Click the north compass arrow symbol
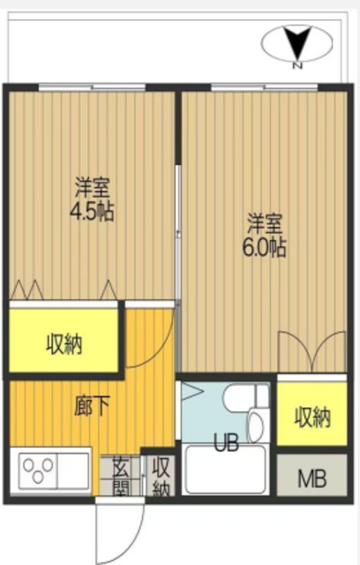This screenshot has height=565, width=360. [x=297, y=41]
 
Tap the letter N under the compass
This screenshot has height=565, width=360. [x=297, y=65]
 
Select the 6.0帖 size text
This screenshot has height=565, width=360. [x=265, y=247]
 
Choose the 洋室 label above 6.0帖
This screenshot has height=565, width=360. [x=265, y=222]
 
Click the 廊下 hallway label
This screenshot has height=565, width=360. [x=91, y=407]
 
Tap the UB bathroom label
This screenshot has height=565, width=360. [x=225, y=443]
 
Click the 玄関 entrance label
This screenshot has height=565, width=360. [x=120, y=478]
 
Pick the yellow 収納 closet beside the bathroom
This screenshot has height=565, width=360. [x=311, y=415]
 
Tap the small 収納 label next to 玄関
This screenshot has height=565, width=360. [x=161, y=478]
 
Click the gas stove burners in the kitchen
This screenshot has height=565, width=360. [x=37, y=471]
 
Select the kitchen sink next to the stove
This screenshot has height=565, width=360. [x=73, y=471]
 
